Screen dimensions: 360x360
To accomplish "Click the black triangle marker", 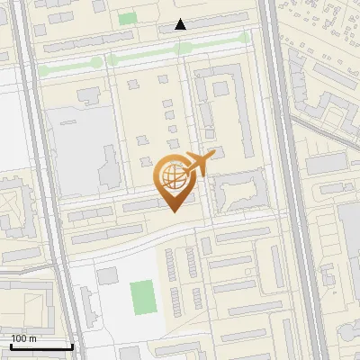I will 181,25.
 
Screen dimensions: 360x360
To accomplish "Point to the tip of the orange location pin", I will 174,211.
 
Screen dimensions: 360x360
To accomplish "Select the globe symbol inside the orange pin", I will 172,177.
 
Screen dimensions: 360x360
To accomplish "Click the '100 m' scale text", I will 23,338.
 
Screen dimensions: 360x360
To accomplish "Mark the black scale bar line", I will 41,346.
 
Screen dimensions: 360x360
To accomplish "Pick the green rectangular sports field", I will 142,295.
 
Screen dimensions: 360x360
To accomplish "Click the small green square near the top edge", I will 128,18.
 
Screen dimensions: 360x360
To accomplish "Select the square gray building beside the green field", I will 108,274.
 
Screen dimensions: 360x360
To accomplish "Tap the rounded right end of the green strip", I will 245,38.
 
